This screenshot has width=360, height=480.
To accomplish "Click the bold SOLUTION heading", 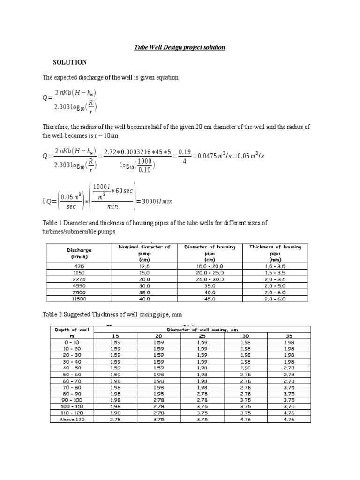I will point(70,62).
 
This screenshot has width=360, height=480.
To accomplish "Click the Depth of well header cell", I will point(72,332).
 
